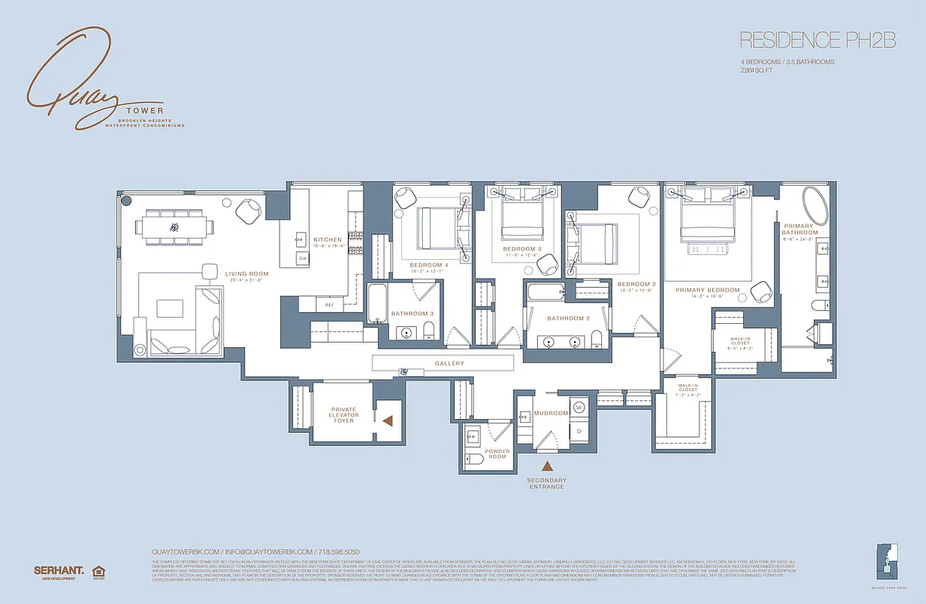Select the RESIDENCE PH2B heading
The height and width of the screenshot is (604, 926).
(x=817, y=40)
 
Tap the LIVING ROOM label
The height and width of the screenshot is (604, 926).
(x=246, y=274)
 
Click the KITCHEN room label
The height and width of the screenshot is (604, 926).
(x=328, y=240)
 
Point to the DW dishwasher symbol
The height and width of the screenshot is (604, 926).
(x=302, y=258)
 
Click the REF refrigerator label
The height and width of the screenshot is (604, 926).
(x=329, y=305)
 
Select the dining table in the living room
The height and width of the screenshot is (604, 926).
(x=174, y=226)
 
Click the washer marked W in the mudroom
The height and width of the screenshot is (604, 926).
(x=579, y=408)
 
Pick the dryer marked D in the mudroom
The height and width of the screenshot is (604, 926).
(x=579, y=431)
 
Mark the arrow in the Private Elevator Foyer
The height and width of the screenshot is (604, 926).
(x=387, y=421)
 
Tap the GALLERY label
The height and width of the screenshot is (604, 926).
(x=449, y=364)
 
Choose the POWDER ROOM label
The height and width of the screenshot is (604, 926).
(x=497, y=455)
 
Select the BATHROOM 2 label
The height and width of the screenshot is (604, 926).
(x=568, y=318)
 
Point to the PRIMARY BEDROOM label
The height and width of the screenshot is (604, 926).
(x=707, y=290)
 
